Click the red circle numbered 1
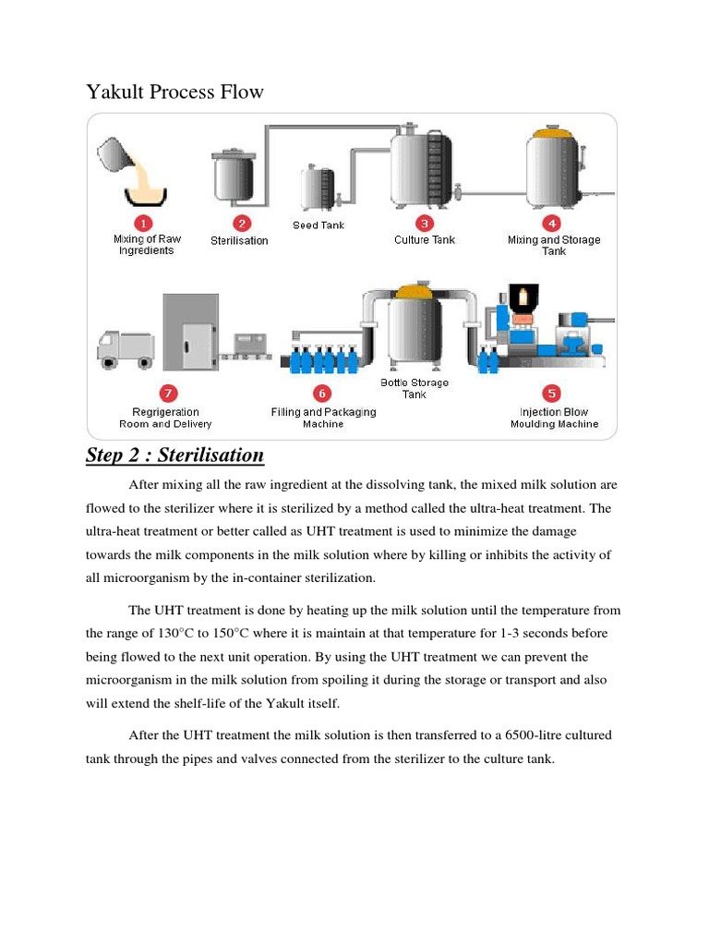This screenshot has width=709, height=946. pyautogui.click(x=144, y=223)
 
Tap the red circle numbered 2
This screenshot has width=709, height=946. pyautogui.click(x=240, y=223)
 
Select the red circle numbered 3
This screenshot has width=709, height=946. pyautogui.click(x=424, y=223)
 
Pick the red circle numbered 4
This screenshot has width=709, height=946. pyautogui.click(x=552, y=223)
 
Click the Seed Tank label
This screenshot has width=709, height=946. pyautogui.click(x=318, y=225)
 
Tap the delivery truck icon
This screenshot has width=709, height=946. pyautogui.click(x=125, y=348)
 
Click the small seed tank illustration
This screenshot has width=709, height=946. pyautogui.click(x=319, y=188)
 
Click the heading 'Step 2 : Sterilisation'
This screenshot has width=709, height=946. pyautogui.click(x=174, y=455)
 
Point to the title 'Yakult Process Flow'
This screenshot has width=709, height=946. pyautogui.click(x=174, y=92)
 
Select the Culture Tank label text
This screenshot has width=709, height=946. pyautogui.click(x=424, y=240)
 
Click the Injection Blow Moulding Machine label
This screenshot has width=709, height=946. pyautogui.click(x=554, y=418)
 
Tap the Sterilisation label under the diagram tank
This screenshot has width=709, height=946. pyautogui.click(x=239, y=241)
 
